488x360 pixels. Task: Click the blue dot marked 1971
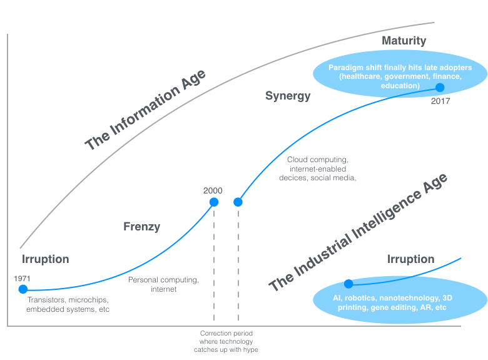[x=23, y=289]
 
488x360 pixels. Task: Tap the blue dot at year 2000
[x=214, y=202]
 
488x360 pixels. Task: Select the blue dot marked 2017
[x=440, y=88]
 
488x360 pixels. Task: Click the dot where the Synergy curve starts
[x=238, y=202]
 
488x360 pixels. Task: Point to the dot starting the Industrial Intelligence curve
[x=348, y=284]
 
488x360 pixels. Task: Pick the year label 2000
[x=213, y=190]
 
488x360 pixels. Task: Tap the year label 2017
[x=440, y=100]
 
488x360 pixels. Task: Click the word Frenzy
[x=142, y=227]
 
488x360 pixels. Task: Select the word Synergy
[x=288, y=96]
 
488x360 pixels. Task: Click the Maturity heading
[x=404, y=41]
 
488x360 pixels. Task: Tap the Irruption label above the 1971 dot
[x=45, y=259]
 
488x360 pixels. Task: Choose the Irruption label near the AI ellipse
[x=410, y=259]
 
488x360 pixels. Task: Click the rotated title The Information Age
[x=146, y=111]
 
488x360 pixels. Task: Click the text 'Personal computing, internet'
[x=163, y=284]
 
